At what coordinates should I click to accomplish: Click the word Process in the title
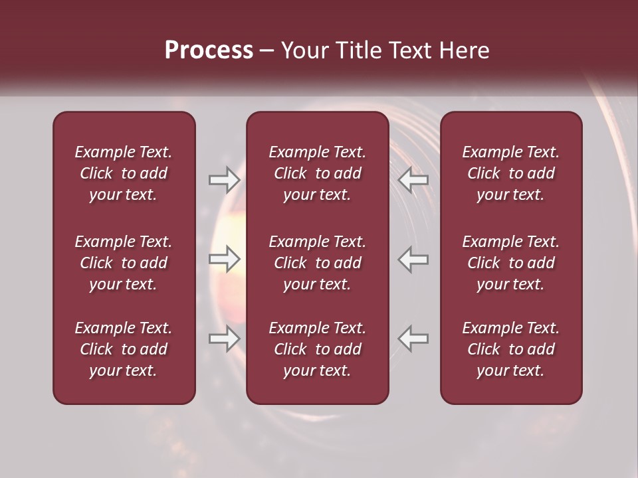(209, 50)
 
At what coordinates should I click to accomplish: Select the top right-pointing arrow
(225, 180)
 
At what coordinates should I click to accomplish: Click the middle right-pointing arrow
(225, 259)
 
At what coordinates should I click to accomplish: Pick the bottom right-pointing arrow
(225, 339)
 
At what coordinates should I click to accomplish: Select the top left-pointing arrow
(413, 180)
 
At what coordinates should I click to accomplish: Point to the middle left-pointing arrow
(413, 259)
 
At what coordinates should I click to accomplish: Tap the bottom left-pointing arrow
(413, 339)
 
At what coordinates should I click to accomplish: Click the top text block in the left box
(124, 173)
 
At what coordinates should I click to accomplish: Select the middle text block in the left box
(124, 263)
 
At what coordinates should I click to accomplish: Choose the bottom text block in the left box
(124, 349)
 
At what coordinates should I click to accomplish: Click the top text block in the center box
(318, 173)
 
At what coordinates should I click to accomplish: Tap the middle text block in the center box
(318, 263)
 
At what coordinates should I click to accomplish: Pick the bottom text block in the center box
(318, 349)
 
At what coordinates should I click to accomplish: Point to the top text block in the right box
(511, 173)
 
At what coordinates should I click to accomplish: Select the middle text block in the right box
(511, 263)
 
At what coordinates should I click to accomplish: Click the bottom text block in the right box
(511, 349)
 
